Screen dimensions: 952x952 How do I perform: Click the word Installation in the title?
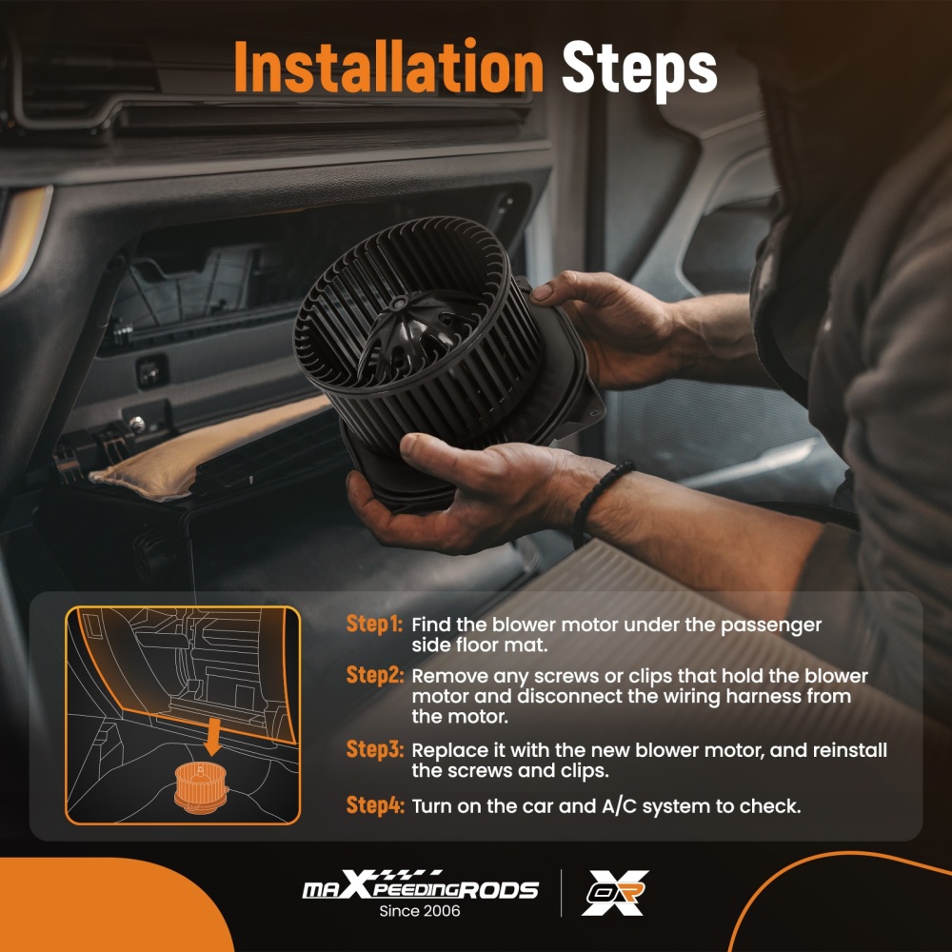point(388,67)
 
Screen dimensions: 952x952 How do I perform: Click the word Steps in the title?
point(640,69)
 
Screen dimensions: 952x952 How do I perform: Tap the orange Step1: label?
point(374,625)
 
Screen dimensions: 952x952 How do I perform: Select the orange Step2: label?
point(374,675)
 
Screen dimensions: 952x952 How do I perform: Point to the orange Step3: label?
point(374,749)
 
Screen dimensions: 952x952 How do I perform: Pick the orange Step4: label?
point(374,805)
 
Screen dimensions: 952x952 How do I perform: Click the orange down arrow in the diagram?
point(212,735)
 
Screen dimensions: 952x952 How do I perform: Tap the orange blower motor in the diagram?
point(201,787)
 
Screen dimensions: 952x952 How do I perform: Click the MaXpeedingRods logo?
point(420,884)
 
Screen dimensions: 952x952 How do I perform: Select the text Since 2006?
point(420,911)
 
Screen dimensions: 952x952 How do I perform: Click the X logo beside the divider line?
point(615,893)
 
